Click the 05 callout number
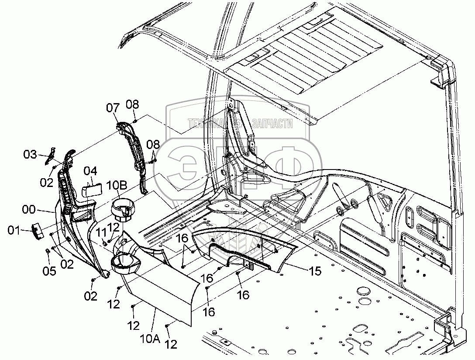[49, 271]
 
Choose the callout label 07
[112, 107]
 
